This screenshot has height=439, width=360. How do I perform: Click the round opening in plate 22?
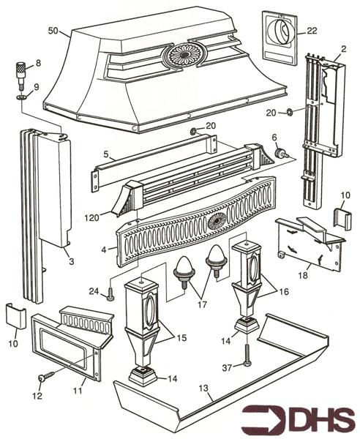281,34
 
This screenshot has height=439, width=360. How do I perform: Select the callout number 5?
106,155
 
